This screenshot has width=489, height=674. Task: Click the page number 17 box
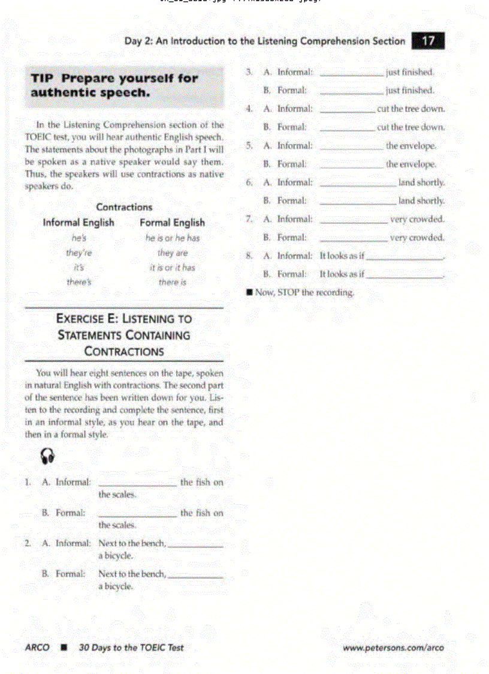[x=428, y=41]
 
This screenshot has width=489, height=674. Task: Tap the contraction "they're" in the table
[x=79, y=253]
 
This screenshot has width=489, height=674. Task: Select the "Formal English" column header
[x=172, y=223]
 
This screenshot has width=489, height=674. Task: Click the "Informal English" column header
[x=79, y=223]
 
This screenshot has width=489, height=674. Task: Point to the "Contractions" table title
[x=124, y=207]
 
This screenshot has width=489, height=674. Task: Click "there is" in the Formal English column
[x=172, y=282]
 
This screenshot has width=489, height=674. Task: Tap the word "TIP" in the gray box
[x=43, y=78]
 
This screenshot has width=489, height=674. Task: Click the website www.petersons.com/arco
[x=393, y=648]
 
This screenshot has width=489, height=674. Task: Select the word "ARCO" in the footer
[x=37, y=648]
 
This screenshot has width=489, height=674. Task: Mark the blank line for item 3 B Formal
[x=352, y=93]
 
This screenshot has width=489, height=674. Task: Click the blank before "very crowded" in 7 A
[x=354, y=222]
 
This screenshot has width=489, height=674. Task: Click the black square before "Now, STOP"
[x=249, y=293]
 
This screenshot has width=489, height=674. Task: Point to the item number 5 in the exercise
[x=248, y=146]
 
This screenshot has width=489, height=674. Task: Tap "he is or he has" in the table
[x=172, y=238]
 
